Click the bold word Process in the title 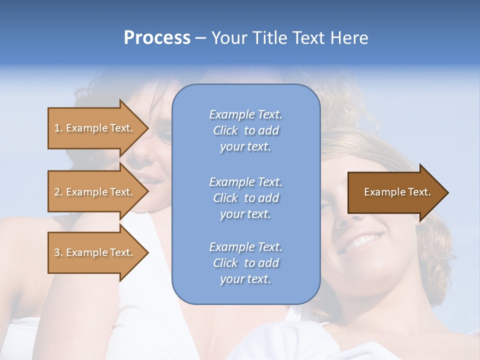click(157, 38)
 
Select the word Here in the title click(348, 38)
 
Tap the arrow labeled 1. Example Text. click(95, 128)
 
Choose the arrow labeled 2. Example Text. click(95, 192)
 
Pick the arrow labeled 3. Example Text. click(95, 252)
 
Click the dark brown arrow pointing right click(395, 192)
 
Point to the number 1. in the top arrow click(58, 128)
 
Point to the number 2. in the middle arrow click(58, 192)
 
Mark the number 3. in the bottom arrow click(58, 252)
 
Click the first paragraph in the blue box click(245, 130)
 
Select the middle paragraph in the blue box click(245, 198)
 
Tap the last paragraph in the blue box click(245, 263)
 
